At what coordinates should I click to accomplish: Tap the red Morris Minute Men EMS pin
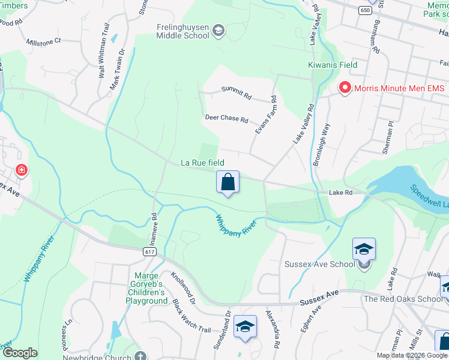point(345,88)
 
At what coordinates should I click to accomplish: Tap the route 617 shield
point(150,252)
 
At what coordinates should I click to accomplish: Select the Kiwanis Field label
point(333,65)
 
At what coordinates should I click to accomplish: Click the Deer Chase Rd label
point(226,119)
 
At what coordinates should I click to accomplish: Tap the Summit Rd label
point(236,92)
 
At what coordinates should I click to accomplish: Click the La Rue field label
point(202,163)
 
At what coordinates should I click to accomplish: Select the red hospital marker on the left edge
point(22,170)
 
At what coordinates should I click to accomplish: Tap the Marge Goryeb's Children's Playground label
point(142,289)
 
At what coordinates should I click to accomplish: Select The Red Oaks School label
point(403,299)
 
